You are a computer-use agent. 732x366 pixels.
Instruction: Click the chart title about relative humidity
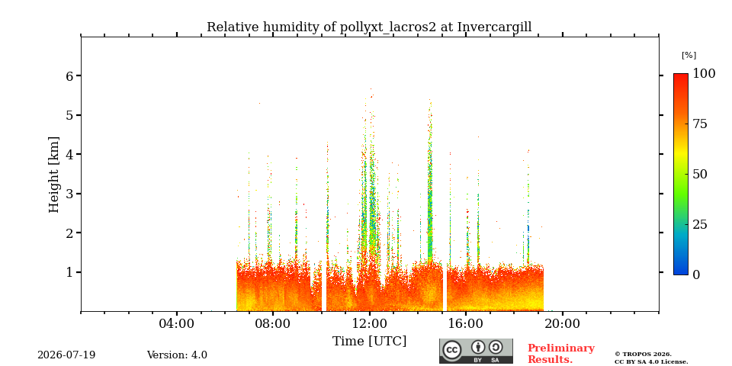click(369, 27)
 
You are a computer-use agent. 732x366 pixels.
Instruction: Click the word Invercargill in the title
click(494, 27)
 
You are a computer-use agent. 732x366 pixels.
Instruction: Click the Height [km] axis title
click(54, 175)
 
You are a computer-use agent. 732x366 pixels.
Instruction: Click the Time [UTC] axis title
click(369, 342)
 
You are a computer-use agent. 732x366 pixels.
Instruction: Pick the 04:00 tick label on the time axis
click(177, 324)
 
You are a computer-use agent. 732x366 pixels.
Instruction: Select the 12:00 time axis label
click(370, 324)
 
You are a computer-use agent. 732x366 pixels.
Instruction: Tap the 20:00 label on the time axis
click(562, 324)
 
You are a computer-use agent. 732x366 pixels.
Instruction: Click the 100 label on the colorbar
click(704, 74)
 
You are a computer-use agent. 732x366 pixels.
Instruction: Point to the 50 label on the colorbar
click(700, 174)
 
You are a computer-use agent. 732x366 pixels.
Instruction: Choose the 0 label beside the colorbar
click(696, 275)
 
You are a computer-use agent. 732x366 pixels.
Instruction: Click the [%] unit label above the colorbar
click(689, 56)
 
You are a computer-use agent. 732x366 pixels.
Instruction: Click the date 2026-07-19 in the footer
click(66, 355)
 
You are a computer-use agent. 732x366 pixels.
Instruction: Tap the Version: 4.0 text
click(177, 355)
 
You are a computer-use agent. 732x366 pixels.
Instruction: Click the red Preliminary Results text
click(560, 354)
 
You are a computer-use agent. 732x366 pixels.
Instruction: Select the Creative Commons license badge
click(476, 351)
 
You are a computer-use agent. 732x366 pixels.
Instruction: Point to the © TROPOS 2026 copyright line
click(643, 355)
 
